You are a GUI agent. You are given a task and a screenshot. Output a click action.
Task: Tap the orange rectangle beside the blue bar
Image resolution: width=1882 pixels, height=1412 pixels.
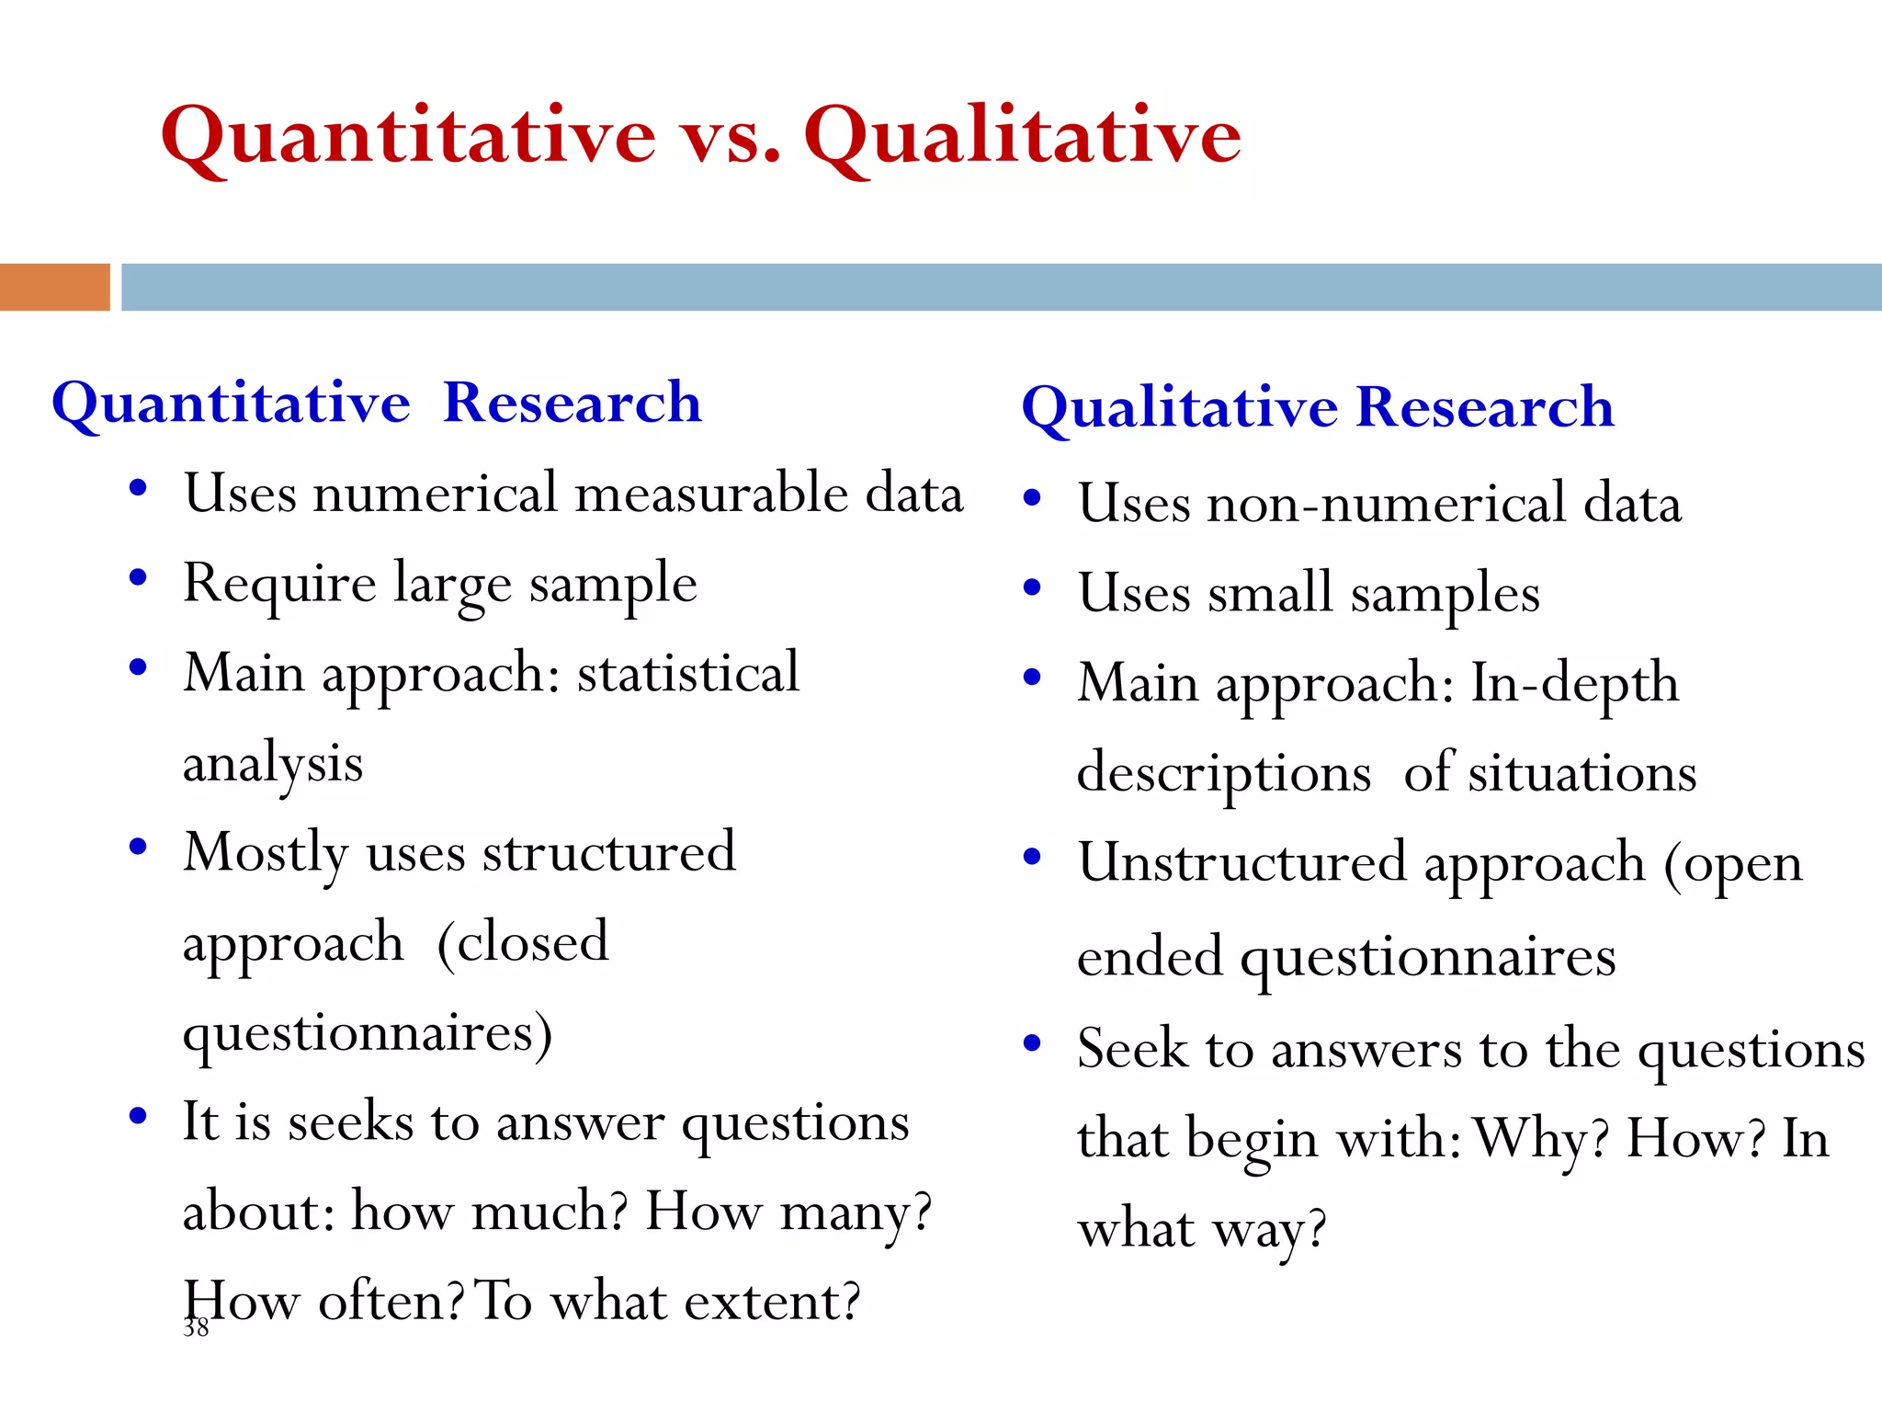tap(54, 287)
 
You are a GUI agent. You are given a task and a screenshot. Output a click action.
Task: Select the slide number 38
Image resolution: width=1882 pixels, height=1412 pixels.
tap(196, 1327)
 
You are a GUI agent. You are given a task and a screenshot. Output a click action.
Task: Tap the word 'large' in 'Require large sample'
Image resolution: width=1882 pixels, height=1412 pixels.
tap(452, 585)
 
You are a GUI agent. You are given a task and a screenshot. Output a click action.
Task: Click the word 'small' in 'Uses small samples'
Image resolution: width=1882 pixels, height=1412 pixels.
tap(1270, 593)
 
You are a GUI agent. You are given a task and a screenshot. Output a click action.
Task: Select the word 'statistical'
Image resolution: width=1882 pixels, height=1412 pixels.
tap(688, 673)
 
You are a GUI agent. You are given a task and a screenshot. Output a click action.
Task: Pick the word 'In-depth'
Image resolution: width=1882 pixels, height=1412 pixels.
tap(1575, 683)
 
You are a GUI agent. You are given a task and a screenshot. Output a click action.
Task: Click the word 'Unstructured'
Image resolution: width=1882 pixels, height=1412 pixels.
tap(1241, 862)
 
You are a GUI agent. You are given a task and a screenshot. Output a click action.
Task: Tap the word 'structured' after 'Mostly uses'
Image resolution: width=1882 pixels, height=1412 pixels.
tap(609, 852)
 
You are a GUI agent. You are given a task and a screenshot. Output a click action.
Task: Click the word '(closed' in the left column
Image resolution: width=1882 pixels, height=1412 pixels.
tap(522, 942)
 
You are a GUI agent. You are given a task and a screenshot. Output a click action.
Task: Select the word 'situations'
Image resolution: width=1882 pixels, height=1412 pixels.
tap(1582, 772)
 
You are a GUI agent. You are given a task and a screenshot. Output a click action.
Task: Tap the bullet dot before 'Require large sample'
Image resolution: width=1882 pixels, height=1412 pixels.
tap(138, 577)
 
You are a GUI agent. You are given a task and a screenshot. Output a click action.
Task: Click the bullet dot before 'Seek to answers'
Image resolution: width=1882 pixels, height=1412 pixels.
tap(1032, 1042)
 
